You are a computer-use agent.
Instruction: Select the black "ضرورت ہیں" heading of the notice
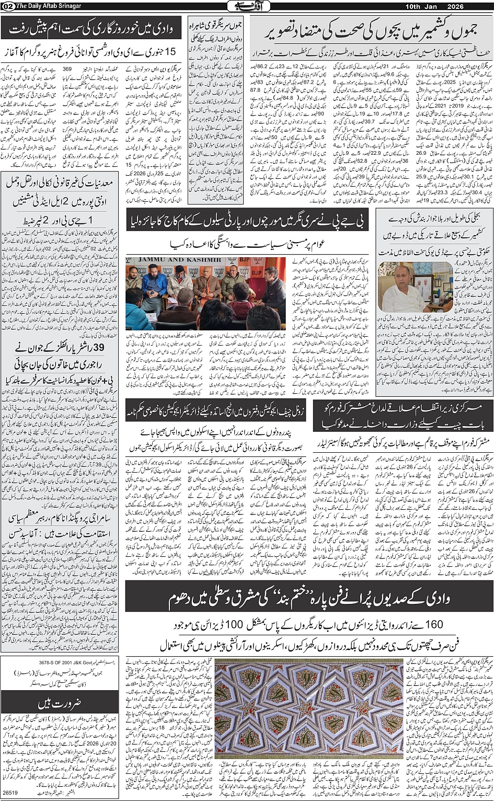tap(60, 702)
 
